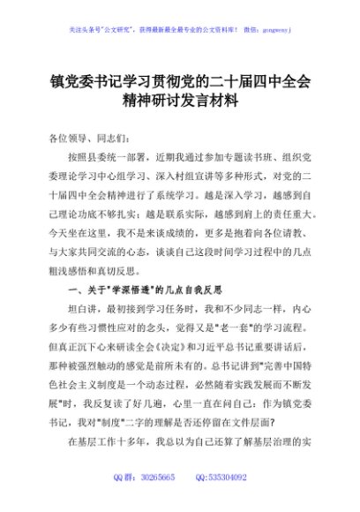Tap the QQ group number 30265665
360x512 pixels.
pos(157,501)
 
